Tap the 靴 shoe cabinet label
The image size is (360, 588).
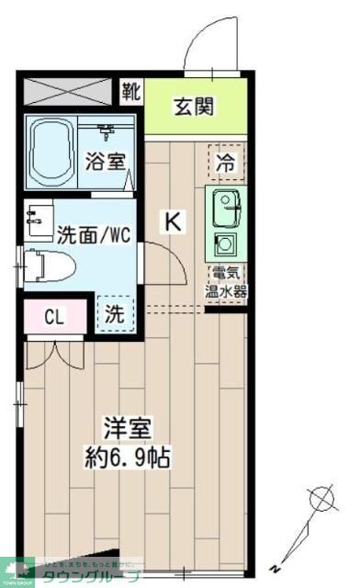[130, 91]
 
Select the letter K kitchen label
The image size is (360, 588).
[173, 220]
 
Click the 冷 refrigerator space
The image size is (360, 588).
[225, 164]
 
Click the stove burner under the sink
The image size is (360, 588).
[224, 245]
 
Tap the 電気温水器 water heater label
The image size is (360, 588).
[224, 283]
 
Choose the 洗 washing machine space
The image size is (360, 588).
[114, 313]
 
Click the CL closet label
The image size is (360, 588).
[55, 317]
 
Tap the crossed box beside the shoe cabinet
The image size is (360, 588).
[70, 92]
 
